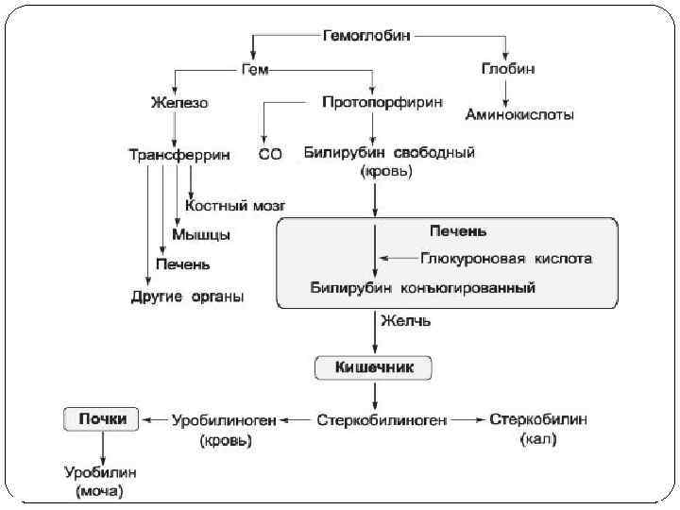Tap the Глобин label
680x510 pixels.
point(508,69)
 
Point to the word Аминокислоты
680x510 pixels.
point(518,115)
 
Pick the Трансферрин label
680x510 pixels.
point(179,153)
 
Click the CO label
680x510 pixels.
point(269,153)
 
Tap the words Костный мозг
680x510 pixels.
point(236,204)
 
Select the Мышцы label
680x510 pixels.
point(201,233)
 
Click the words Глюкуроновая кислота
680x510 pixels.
point(506,257)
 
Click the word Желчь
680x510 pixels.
point(406,321)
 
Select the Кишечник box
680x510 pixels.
point(375,366)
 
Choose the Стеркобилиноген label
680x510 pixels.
point(382,418)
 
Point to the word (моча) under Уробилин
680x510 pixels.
point(99,491)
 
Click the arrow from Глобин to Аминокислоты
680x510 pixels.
point(508,92)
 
